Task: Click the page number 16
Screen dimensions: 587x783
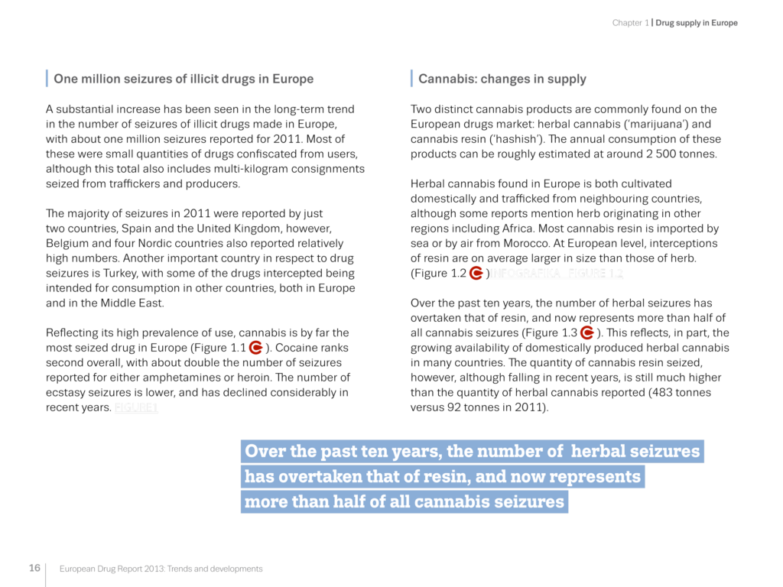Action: point(35,568)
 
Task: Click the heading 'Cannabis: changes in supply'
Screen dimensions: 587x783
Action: point(502,79)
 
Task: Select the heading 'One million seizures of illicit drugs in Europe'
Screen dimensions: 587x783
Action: point(183,79)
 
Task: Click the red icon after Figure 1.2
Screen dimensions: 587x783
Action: point(476,273)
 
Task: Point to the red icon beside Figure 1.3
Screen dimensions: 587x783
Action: point(587,332)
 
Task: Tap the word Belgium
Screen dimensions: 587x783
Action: point(68,243)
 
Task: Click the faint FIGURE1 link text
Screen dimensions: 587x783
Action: point(136,408)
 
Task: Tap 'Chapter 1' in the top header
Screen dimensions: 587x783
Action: point(629,23)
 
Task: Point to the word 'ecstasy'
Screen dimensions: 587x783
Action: point(70,393)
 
